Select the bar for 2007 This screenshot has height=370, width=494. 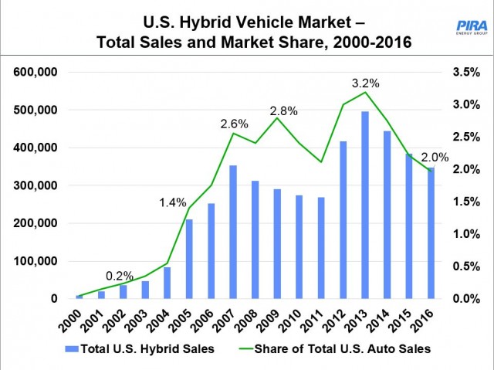pyautogui.click(x=232, y=232)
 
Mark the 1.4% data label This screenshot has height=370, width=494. pyautogui.click(x=173, y=203)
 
